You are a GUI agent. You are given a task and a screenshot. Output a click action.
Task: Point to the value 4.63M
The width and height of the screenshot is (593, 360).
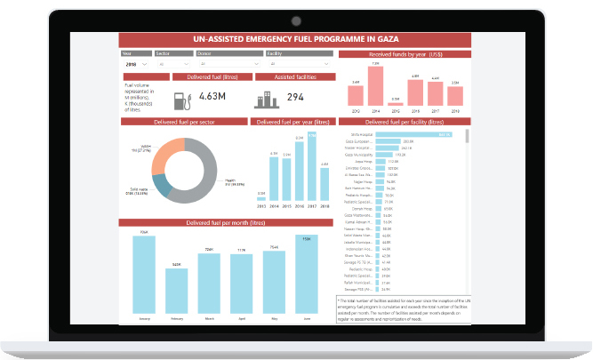(213, 96)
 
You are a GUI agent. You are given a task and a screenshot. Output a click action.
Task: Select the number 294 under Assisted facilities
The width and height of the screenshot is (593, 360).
(296, 97)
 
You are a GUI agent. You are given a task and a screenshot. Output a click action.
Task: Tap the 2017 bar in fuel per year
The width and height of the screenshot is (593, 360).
(311, 168)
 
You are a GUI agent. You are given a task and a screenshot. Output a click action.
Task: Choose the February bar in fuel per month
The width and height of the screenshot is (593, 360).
(176, 293)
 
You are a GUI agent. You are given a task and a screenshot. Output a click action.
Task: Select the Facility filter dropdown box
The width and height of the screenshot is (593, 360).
(298, 65)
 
